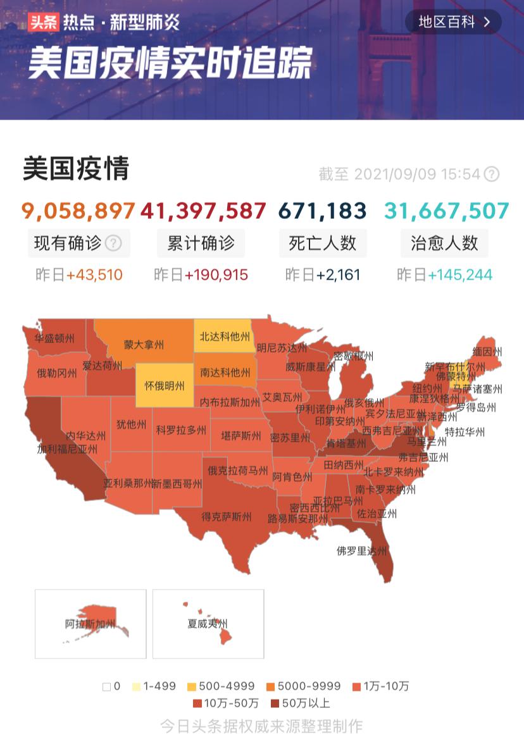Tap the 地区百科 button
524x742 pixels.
453,22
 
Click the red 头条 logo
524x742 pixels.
43,23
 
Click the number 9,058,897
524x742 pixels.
78,211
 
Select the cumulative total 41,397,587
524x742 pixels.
203,211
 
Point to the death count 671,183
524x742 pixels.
323,211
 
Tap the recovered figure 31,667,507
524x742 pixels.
446,211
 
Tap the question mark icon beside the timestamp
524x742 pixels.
491,175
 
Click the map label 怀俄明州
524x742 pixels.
165,385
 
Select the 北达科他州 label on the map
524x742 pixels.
225,337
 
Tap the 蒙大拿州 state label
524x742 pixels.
144,345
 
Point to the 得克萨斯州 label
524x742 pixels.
227,517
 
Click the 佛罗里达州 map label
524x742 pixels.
361,551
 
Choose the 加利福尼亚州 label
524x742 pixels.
67,450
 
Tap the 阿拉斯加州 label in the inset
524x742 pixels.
90,624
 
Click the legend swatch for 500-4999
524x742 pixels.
192,686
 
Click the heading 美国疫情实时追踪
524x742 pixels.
170,63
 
